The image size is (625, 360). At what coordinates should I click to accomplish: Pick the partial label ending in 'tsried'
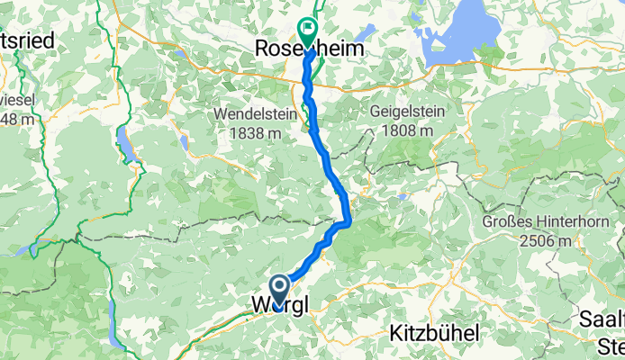(x=27, y=40)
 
